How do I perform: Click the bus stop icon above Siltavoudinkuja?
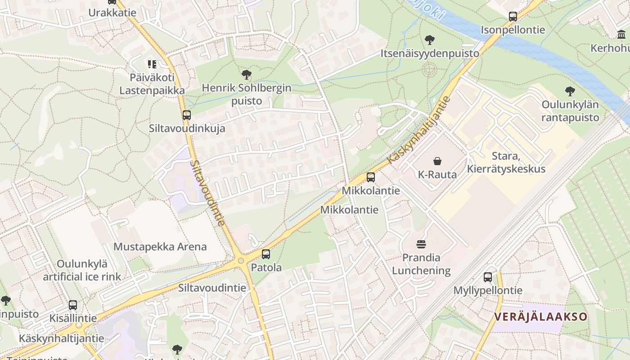(x=187, y=115)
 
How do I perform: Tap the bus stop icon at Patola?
(x=266, y=254)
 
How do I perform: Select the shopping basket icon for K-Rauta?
(x=437, y=161)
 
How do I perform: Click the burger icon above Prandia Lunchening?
(x=421, y=244)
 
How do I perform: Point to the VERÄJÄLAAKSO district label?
(x=540, y=316)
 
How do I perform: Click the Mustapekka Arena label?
(x=160, y=247)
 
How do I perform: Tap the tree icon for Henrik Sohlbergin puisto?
(x=246, y=75)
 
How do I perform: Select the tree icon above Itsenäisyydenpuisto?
(x=430, y=40)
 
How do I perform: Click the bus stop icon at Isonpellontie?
(x=513, y=17)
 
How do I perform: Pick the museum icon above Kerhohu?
(x=621, y=35)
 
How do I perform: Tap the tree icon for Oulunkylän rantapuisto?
(x=570, y=91)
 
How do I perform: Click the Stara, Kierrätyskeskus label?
(x=506, y=163)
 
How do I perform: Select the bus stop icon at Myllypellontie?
(x=488, y=277)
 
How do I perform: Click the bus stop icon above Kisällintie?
(x=73, y=305)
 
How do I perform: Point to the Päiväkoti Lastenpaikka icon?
(x=152, y=64)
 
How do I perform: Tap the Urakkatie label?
(x=112, y=12)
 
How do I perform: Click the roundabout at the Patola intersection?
(x=241, y=261)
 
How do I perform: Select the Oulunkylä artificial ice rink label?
(x=82, y=270)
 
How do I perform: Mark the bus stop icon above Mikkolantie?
(x=371, y=177)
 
